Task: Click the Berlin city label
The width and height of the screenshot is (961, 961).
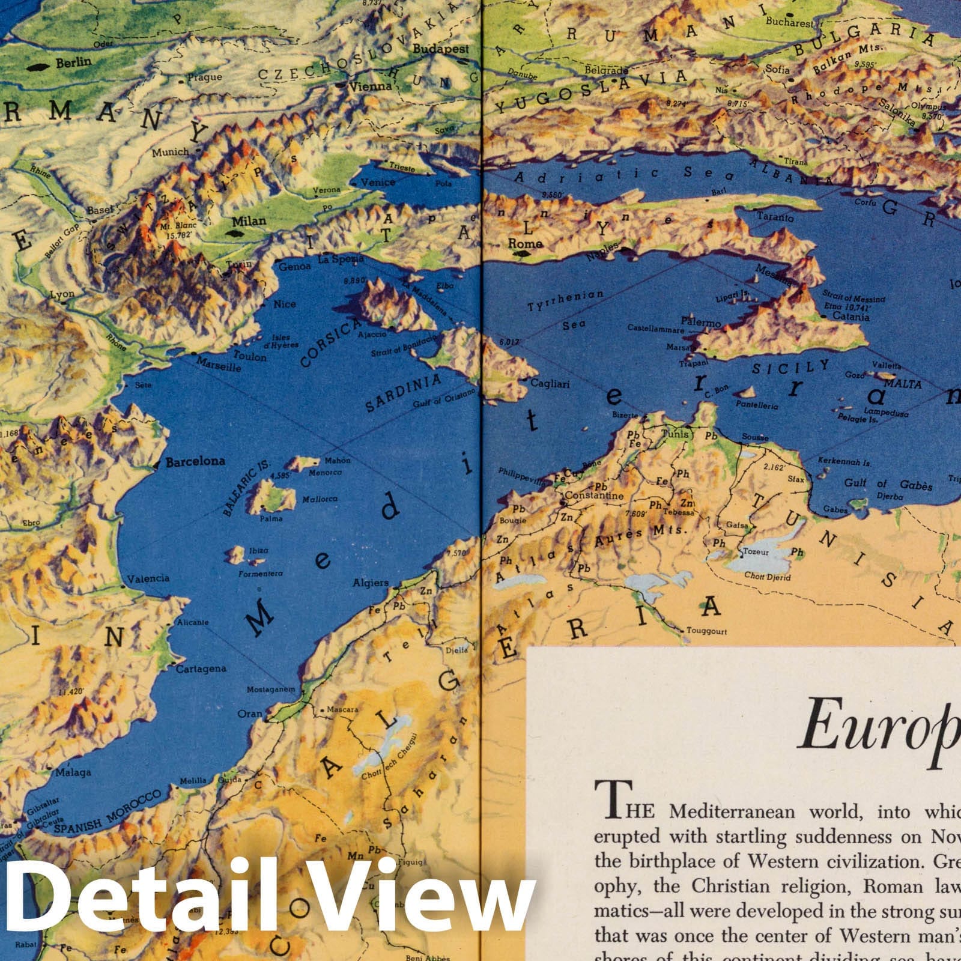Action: tap(73, 62)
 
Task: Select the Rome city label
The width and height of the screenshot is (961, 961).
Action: tap(525, 243)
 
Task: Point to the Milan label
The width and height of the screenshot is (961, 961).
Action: tap(249, 221)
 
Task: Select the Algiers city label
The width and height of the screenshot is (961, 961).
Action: tap(370, 583)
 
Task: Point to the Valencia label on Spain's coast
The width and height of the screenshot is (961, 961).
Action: tap(148, 578)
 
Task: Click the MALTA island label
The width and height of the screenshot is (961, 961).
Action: tap(903, 383)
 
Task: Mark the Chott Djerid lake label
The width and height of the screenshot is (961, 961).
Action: tap(768, 577)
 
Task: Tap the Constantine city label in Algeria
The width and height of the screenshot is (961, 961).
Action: tap(594, 496)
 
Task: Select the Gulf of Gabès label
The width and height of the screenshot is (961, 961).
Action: tap(888, 484)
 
